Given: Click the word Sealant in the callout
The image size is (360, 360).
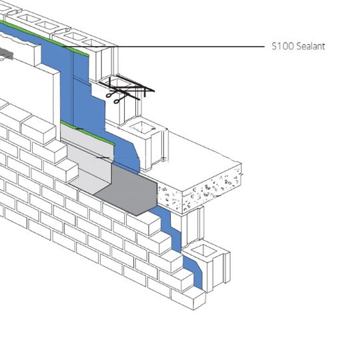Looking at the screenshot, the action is pos(311,46).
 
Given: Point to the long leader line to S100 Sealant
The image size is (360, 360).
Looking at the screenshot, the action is pos(163,47).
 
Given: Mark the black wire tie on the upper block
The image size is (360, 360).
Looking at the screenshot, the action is pos(127,89).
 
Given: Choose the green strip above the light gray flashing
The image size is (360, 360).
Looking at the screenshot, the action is pos(87,133).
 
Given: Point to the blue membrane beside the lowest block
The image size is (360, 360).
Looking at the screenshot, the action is pos(193,271).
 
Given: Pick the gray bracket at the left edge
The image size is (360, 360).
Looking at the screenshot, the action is pos(6,54).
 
